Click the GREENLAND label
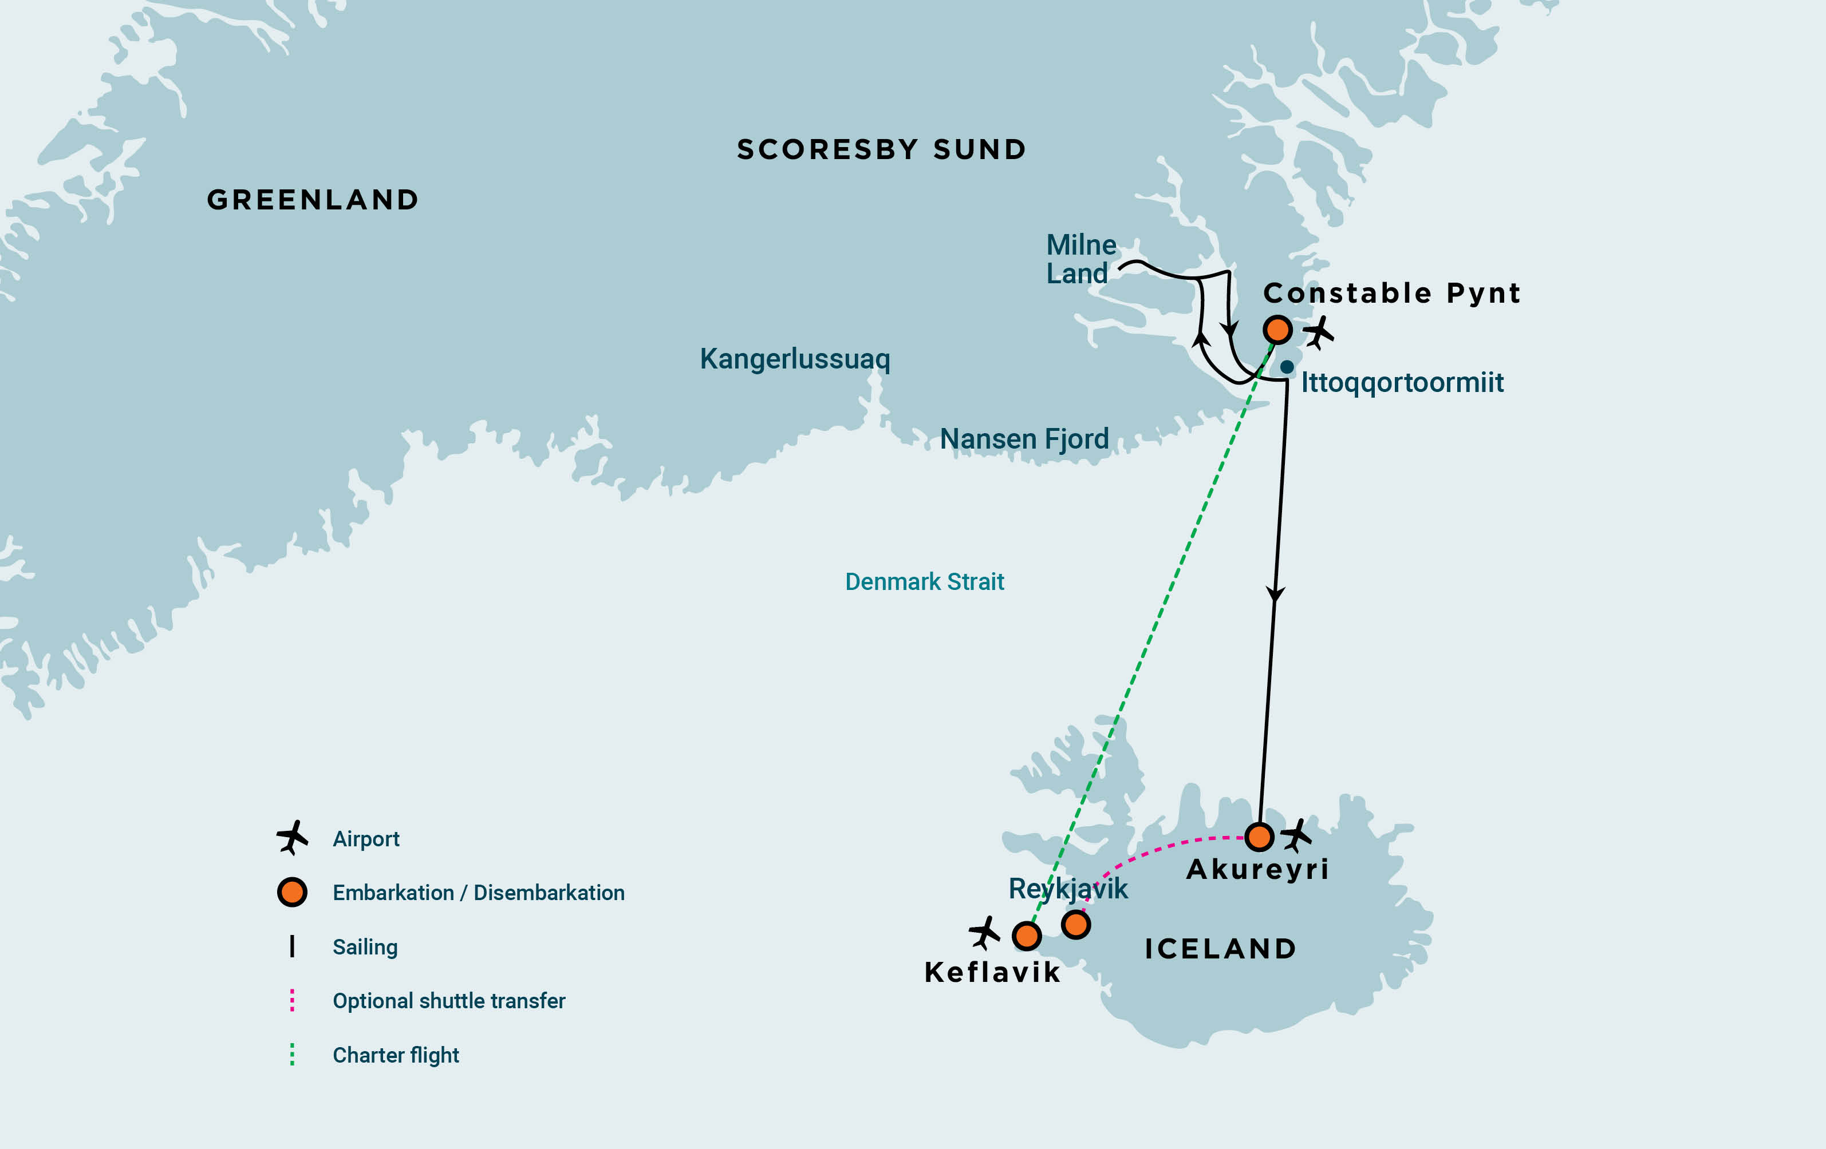[313, 200]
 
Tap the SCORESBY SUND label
[881, 149]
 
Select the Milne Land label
[1080, 259]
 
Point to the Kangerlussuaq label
[795, 359]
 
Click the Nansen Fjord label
[1024, 439]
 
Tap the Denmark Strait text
[924, 581]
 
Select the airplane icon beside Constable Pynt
[1318, 332]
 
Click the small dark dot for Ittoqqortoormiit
[1287, 367]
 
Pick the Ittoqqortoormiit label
[1401, 382]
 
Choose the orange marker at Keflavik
[1027, 936]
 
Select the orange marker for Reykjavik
[1076, 925]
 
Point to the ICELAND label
[1220, 949]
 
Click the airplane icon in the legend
[292, 838]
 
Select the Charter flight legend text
[396, 1055]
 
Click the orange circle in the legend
[292, 892]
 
